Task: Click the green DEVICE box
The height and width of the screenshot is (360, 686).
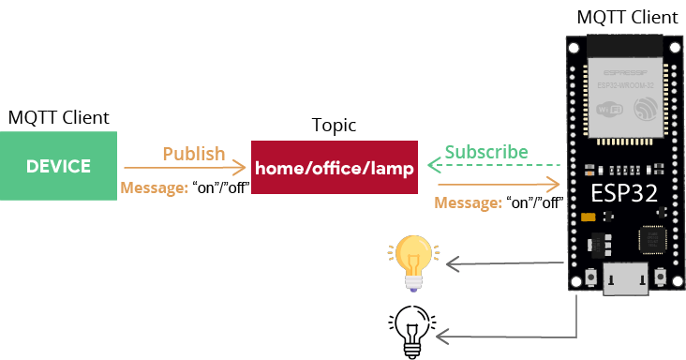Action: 58,166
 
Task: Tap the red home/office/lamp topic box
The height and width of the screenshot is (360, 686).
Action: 334,169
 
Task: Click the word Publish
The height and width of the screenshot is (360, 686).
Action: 194,153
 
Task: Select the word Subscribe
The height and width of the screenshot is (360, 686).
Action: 486,152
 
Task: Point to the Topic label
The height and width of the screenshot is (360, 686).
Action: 334,126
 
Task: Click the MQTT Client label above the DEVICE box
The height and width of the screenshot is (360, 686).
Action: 59,117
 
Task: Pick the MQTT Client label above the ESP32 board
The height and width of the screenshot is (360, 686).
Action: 626,17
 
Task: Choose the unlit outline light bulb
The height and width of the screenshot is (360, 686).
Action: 411,332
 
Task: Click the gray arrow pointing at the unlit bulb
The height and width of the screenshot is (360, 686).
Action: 506,335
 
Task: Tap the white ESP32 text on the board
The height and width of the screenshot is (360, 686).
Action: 623,195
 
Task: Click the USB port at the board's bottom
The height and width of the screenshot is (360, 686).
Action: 624,279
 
